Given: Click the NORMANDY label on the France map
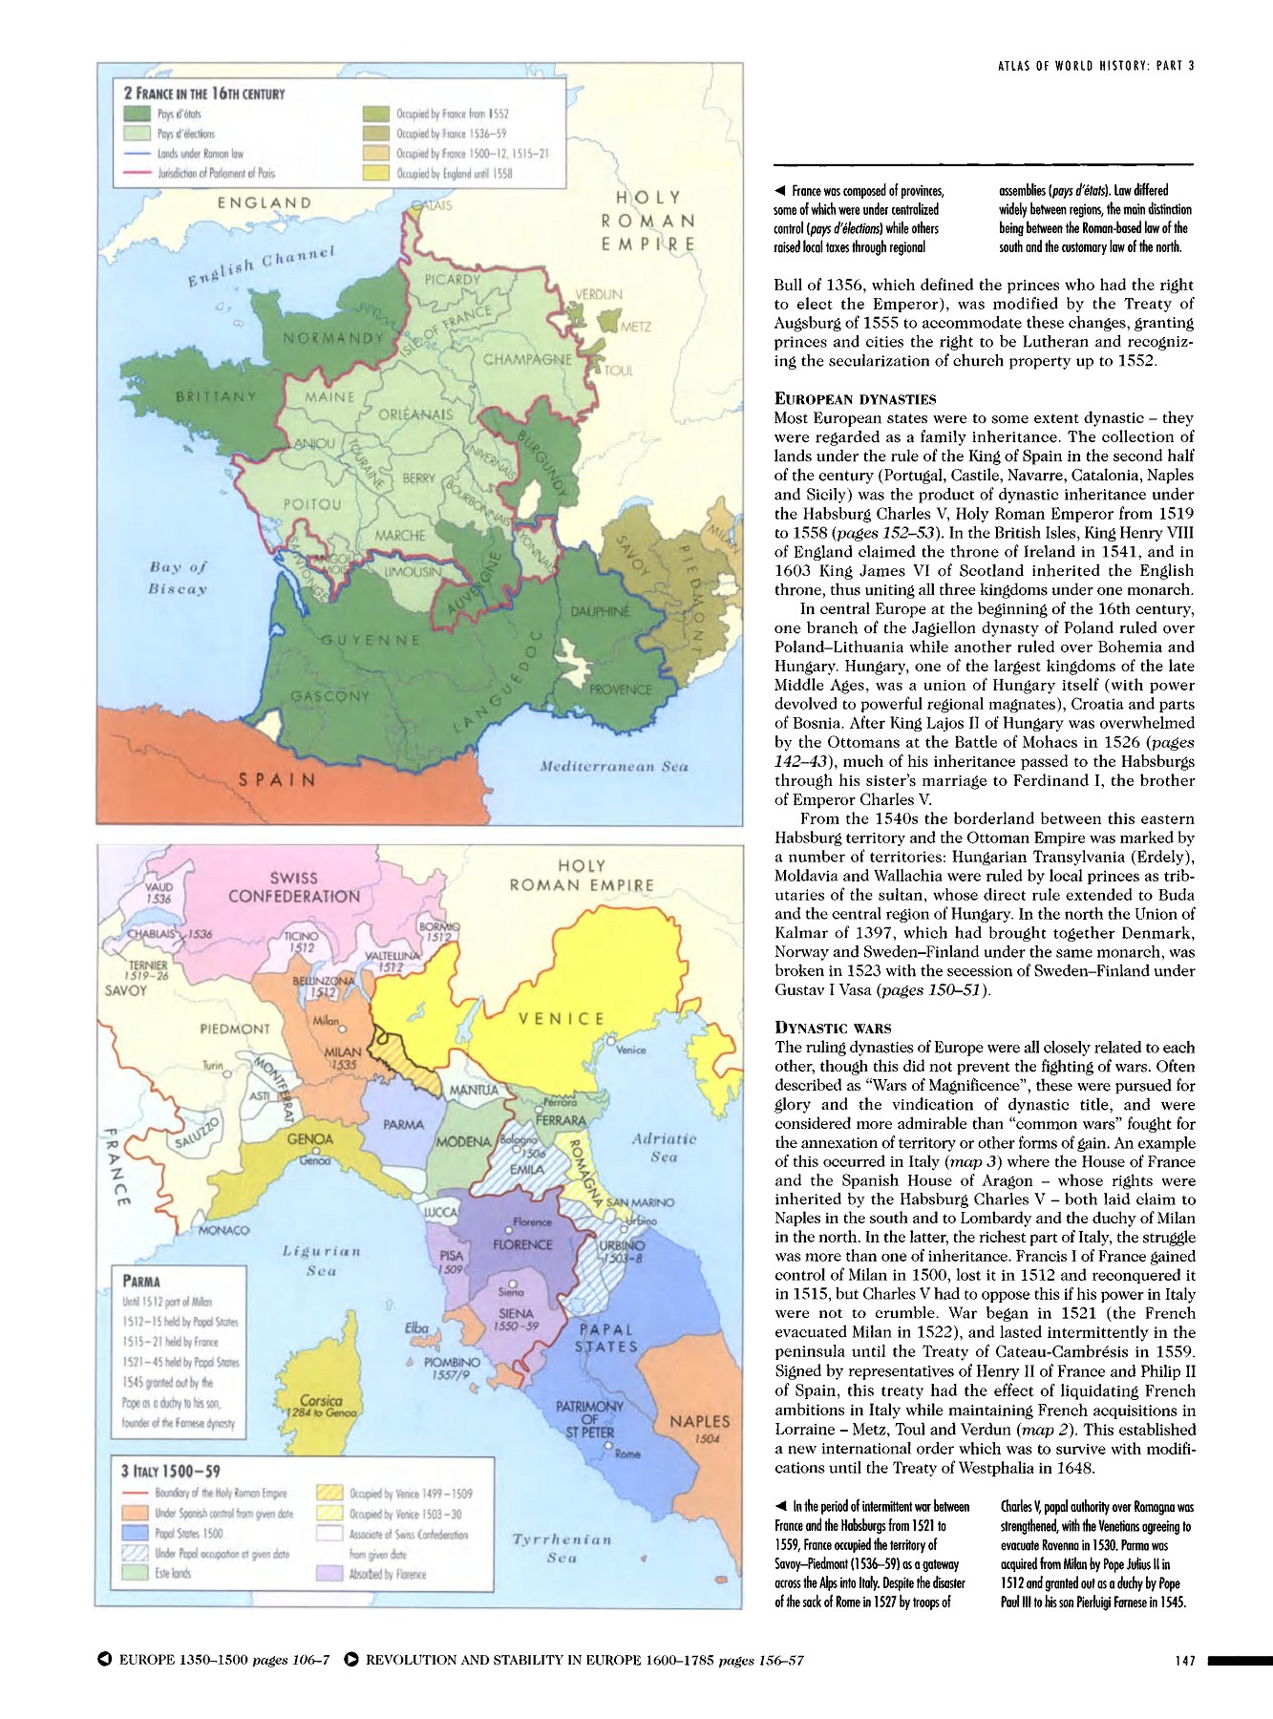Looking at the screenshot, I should click(333, 338).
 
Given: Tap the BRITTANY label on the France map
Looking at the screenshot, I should click(216, 395).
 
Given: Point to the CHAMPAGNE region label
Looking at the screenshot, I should click(527, 360).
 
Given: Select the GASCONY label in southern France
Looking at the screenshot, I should click(329, 696).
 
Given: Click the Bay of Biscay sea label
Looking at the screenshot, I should click(178, 578).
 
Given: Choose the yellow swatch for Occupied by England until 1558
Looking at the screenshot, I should click(378, 174).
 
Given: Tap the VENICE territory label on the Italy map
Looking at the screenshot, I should click(561, 1019).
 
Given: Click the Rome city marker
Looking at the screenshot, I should click(607, 1445).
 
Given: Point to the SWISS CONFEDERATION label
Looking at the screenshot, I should click(294, 887).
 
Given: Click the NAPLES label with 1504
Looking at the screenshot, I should click(699, 1422).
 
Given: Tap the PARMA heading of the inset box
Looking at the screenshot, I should click(141, 1281).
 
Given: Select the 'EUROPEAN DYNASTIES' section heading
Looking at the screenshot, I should click(855, 398).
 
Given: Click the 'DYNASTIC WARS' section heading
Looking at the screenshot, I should click(832, 1028).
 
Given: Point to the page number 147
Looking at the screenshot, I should click(1185, 1661).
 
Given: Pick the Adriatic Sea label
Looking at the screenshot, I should click(664, 1148).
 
